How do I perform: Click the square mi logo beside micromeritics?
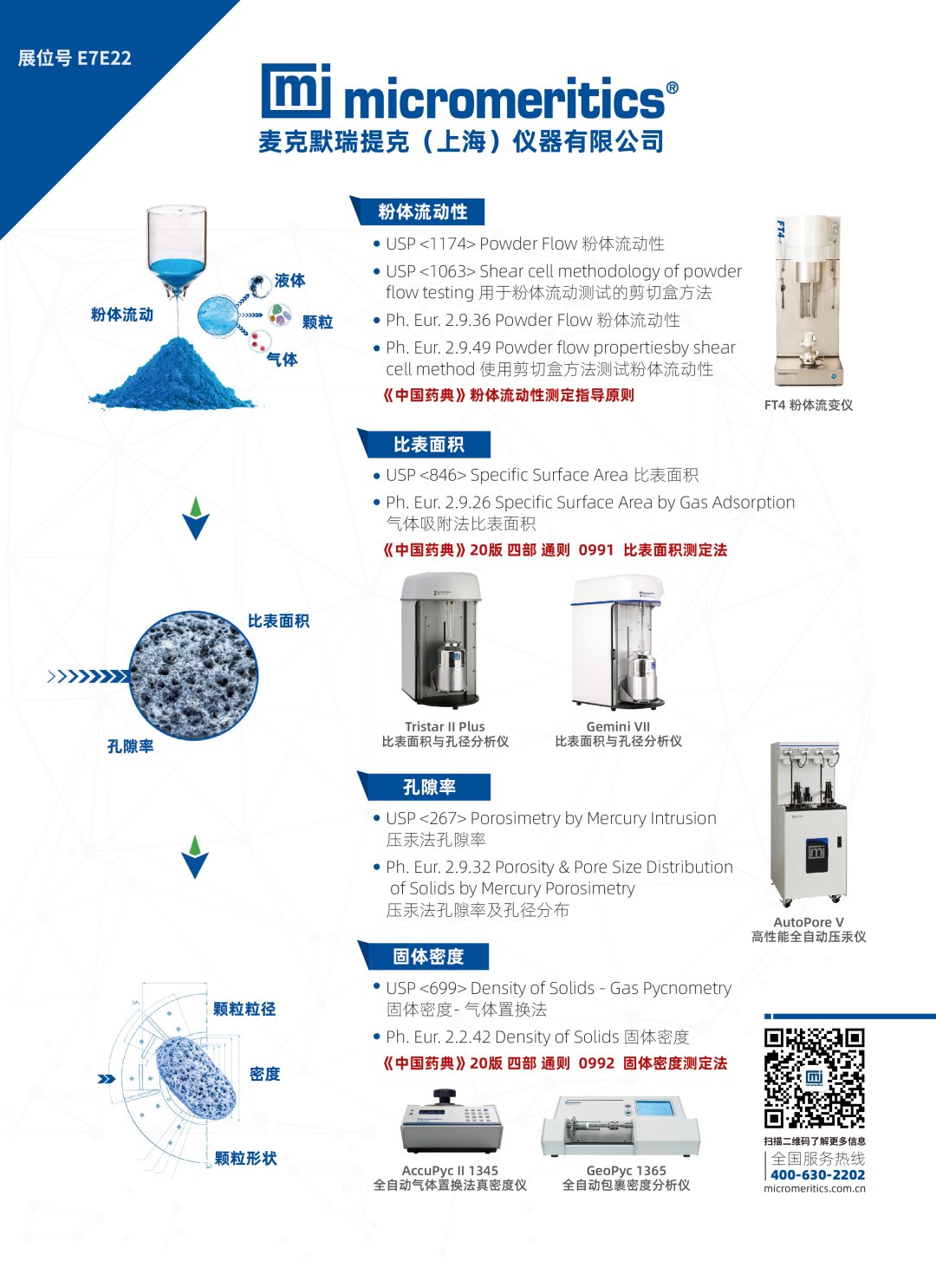pos(296,91)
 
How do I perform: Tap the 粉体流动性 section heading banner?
pos(418,211)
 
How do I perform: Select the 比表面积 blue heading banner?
pos(424,444)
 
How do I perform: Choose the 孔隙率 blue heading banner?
pos(424,786)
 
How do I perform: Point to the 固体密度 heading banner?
pos(424,956)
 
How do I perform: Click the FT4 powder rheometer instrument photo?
pos(808,300)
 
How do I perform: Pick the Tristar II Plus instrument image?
pos(442,641)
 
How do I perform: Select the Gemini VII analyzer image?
pos(618,642)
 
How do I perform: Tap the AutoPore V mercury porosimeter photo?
pos(808,823)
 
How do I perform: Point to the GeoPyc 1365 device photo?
pos(621,1127)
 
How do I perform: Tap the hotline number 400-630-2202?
pos(818,1174)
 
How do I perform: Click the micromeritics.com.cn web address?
pos(815,1188)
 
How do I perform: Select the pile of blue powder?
pos(172,374)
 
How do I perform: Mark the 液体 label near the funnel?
pos(290,280)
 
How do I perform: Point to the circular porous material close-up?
pos(193,676)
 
